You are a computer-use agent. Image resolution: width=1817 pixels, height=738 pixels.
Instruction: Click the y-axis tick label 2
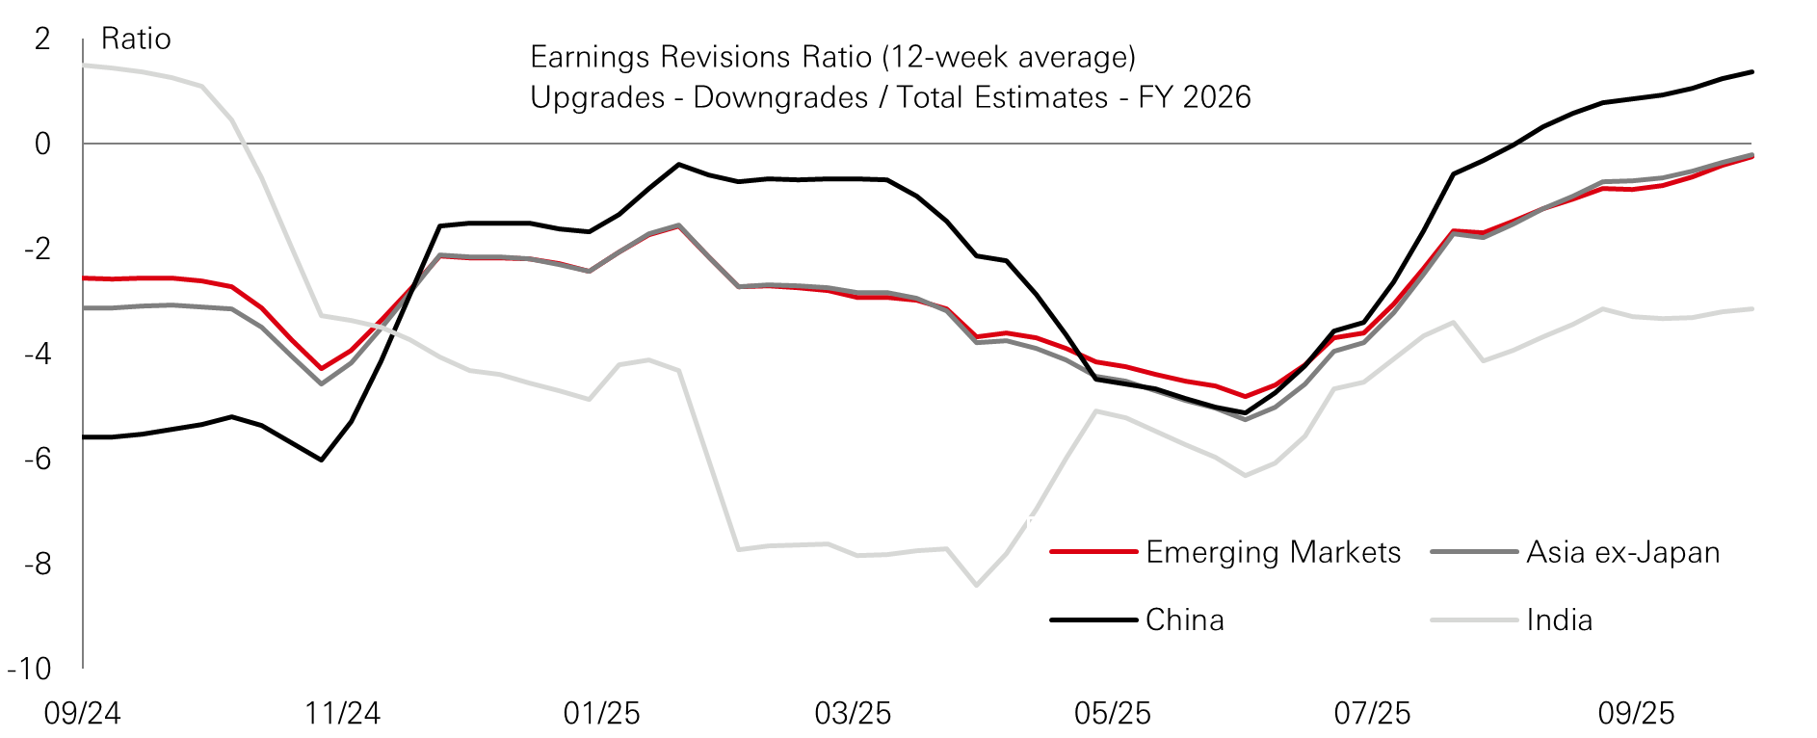(x=41, y=40)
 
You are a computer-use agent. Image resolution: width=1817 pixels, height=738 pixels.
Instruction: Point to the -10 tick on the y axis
(x=29, y=669)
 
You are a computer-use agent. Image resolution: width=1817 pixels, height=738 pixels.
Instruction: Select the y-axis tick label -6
(x=37, y=459)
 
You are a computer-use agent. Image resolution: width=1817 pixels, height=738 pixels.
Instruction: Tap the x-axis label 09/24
(x=83, y=714)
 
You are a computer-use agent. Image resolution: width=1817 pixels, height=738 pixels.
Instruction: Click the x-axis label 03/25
(x=853, y=714)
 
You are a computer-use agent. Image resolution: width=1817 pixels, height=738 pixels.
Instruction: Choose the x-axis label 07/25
(x=1372, y=714)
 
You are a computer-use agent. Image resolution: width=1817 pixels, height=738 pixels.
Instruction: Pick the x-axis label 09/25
(x=1636, y=714)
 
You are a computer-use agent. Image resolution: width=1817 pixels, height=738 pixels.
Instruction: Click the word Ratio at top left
(x=136, y=40)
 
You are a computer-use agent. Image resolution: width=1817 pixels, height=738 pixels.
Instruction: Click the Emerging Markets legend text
(x=1273, y=552)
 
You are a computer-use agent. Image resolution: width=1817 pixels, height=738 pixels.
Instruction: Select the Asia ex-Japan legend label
(x=1622, y=552)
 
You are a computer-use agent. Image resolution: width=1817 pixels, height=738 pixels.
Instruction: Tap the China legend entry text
(x=1184, y=619)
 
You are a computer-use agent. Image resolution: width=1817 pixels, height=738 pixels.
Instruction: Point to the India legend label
(x=1559, y=619)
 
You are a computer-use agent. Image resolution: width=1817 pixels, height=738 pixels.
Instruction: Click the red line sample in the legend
(x=1093, y=552)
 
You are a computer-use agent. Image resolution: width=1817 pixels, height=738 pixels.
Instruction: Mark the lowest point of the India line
(x=976, y=585)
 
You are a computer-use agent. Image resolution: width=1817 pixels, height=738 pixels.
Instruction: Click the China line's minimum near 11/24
(x=321, y=460)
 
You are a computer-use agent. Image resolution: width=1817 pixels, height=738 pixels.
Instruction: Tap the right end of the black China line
(x=1751, y=72)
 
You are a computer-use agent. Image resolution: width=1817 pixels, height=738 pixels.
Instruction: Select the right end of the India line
(x=1751, y=309)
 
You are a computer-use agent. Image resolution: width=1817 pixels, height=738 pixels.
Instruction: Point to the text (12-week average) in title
(x=1008, y=57)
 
